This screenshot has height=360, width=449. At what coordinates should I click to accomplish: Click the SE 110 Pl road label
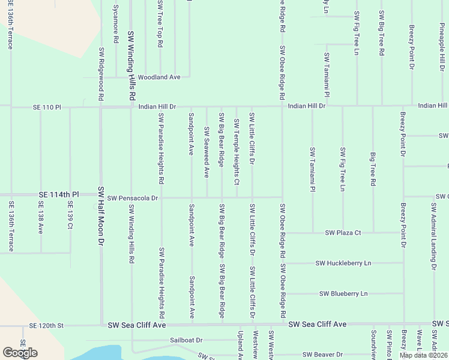coord(46,107)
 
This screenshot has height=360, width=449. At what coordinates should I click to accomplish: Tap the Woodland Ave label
coord(159,77)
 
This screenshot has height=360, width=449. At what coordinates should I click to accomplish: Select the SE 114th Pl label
coord(58,195)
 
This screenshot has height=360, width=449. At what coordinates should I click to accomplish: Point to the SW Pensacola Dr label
coord(133,197)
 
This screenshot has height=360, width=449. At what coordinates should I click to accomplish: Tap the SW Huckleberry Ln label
coord(343,263)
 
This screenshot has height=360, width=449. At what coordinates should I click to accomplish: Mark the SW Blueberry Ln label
coord(343,294)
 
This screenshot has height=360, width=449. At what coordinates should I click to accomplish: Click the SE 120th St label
coord(47,325)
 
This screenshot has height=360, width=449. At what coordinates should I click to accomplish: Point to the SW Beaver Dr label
coord(322,355)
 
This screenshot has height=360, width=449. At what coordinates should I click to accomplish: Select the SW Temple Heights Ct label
coord(237,152)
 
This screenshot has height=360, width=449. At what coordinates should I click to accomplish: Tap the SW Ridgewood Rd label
coord(101,74)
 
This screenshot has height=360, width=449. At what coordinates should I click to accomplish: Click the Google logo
coord(20,353)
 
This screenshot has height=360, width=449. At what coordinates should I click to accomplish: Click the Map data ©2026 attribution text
coord(423,355)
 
